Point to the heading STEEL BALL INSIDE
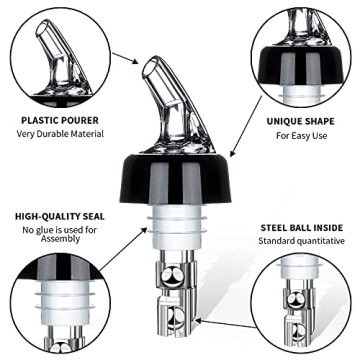301,226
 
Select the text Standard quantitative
301,241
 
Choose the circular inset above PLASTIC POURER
57,55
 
